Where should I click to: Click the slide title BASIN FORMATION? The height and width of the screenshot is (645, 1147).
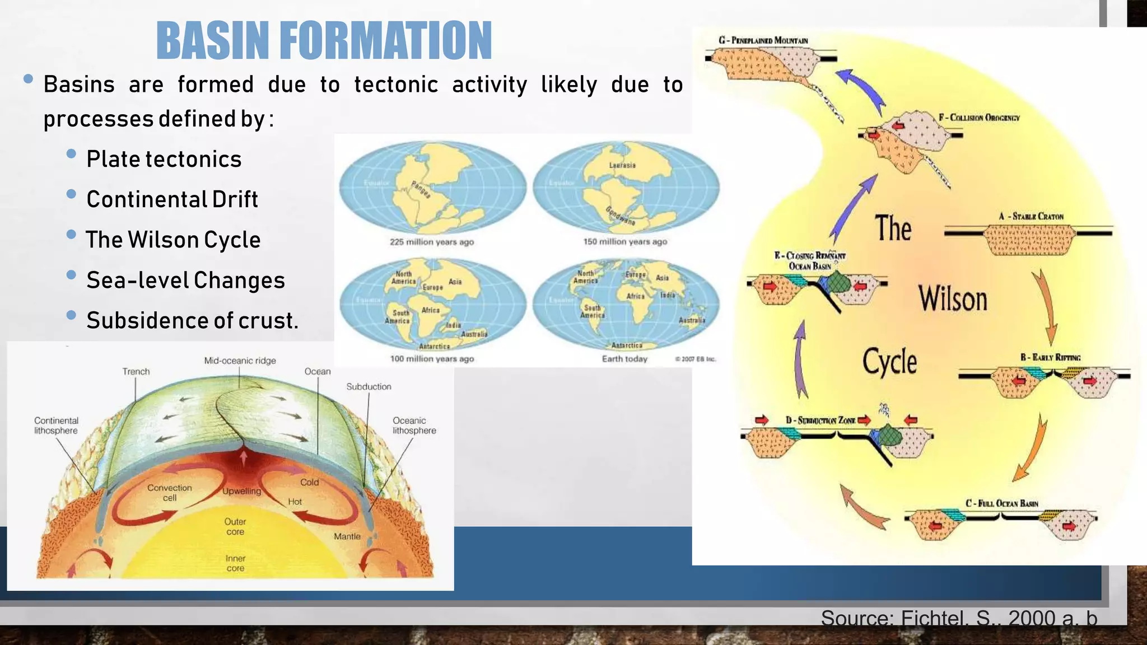click(324, 40)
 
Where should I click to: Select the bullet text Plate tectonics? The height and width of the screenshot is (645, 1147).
click(164, 159)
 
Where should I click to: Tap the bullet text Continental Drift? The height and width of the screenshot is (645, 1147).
click(172, 199)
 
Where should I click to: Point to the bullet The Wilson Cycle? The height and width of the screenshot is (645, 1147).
click(172, 240)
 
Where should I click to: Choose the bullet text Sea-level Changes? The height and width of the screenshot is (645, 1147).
click(185, 280)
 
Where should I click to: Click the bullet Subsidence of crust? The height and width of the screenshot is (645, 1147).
click(192, 320)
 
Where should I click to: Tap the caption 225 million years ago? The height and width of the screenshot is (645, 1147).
click(432, 242)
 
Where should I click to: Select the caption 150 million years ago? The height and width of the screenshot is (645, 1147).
click(625, 241)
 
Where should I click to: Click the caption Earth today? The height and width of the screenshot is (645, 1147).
click(624, 359)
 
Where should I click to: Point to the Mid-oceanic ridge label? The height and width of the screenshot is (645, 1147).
click(240, 361)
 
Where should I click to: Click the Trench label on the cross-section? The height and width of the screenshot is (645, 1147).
click(136, 371)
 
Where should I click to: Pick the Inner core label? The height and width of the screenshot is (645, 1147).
click(235, 563)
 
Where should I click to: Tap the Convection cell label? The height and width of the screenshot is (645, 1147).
click(170, 493)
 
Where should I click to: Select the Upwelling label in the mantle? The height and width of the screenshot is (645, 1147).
click(242, 491)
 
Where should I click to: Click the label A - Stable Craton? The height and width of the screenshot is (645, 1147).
click(1031, 216)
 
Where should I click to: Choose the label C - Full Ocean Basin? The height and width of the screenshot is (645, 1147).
click(1001, 503)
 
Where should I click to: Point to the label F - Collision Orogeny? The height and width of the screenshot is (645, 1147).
click(979, 118)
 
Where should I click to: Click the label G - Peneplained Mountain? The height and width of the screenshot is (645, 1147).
click(763, 40)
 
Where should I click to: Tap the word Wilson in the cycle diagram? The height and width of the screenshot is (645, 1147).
click(953, 298)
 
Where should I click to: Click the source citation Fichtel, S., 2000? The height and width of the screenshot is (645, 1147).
click(958, 618)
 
